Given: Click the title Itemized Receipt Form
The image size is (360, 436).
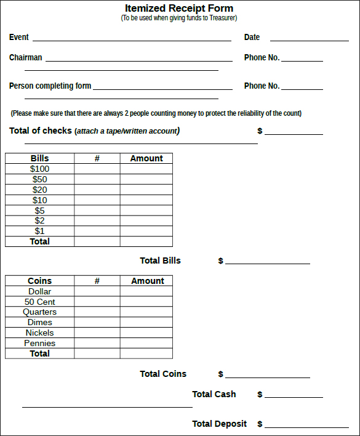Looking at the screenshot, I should tap(179, 8).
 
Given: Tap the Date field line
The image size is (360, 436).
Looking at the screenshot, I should tap(309, 39).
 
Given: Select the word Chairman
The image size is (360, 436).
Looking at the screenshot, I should tap(26, 57).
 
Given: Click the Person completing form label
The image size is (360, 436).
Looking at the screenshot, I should tap(50, 86).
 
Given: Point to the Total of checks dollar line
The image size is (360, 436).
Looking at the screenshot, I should tap(294, 132).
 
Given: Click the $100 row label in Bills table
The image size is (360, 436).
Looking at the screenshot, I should tap(40, 169).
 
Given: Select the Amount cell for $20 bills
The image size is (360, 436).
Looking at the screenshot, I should tap(146, 190).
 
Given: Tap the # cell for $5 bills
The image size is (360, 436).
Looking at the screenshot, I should tap(97, 211).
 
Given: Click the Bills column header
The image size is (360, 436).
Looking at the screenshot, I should tap(40, 158).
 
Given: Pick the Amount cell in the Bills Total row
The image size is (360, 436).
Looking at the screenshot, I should tap(146, 241).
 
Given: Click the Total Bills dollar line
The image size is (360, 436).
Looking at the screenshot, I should tap(268, 262).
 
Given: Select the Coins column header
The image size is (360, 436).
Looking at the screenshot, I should tap(40, 281).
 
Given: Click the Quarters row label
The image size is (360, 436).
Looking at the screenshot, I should tap(40, 312).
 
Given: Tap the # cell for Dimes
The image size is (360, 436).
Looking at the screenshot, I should tap(97, 322).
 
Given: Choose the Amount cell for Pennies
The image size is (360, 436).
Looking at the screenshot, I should tap(146, 343).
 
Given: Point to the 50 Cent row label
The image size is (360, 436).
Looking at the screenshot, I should tap(40, 302).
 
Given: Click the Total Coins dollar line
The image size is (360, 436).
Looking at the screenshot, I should tap(268, 376).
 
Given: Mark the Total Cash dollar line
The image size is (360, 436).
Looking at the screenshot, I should tap(294, 396).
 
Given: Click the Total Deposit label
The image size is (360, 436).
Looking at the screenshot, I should tap(219, 424).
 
